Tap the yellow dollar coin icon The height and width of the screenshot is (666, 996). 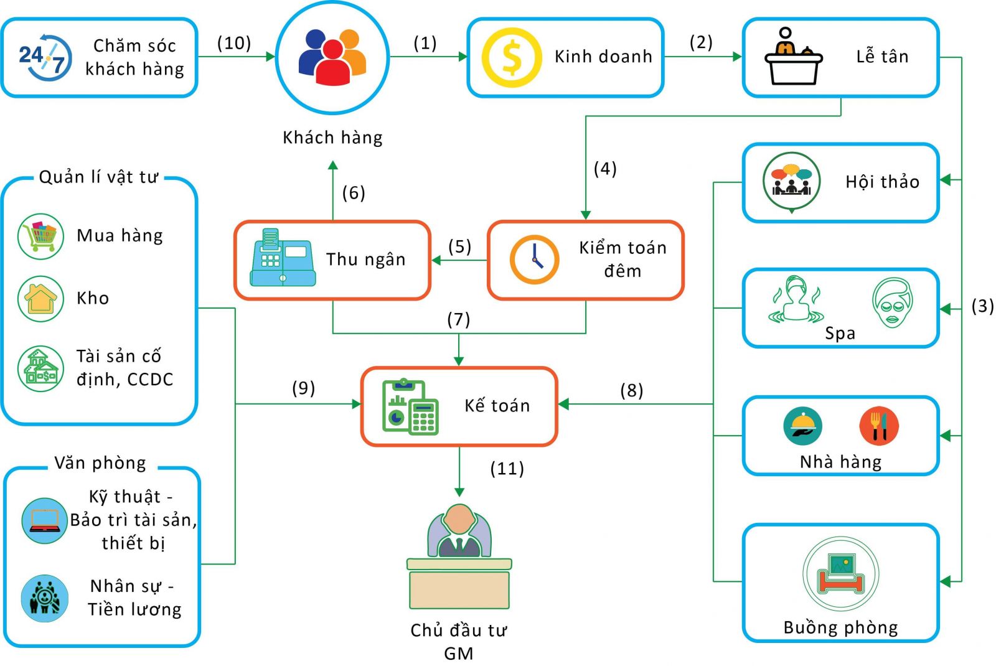[511, 57]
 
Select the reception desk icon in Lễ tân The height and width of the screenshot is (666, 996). [793, 57]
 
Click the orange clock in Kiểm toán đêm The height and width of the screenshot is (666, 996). [534, 260]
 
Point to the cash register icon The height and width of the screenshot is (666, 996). [282, 258]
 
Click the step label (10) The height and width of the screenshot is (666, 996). [234, 43]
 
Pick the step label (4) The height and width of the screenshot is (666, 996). [605, 169]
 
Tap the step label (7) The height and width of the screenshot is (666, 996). [459, 319]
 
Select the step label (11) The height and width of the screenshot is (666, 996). [507, 468]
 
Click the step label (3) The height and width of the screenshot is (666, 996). [983, 306]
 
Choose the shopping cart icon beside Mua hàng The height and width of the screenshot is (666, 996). [40, 236]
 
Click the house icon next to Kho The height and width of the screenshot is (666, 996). [40, 299]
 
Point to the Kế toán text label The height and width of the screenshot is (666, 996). [497, 406]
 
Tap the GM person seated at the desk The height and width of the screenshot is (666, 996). [459, 532]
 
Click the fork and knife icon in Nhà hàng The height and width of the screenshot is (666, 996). [878, 426]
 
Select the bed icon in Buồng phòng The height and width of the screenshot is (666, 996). [840, 574]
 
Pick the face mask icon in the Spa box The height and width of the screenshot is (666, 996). [893, 303]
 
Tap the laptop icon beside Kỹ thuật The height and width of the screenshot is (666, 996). [44, 520]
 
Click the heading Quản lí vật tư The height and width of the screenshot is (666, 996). [98, 177]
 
